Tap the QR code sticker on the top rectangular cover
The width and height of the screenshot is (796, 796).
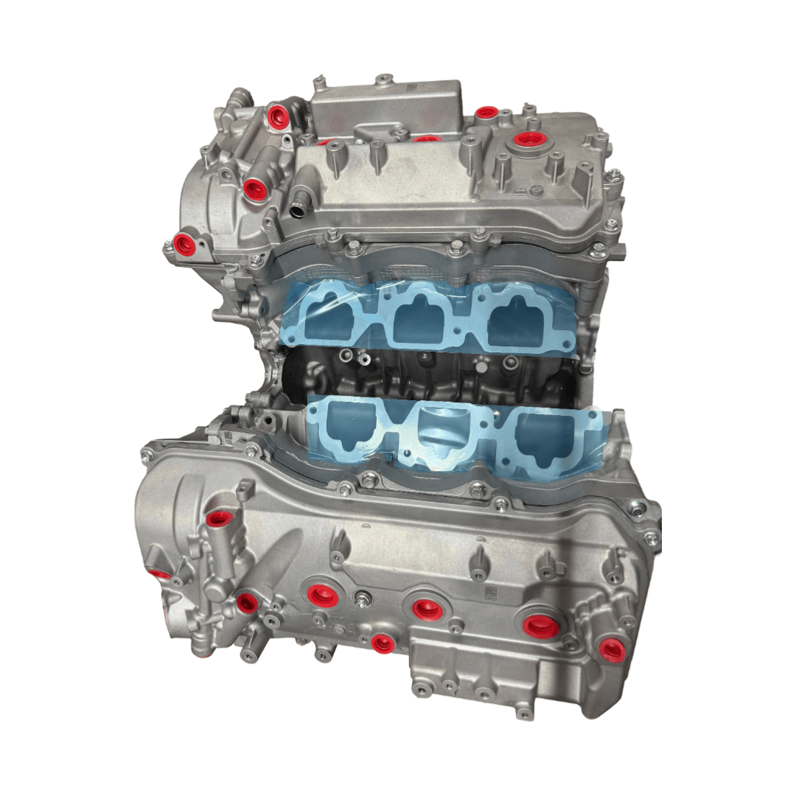click(x=411, y=86)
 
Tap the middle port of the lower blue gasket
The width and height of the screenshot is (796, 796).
click(x=441, y=435)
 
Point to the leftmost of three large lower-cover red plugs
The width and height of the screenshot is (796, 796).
click(x=322, y=596)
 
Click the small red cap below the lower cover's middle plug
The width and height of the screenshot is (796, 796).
click(x=383, y=643)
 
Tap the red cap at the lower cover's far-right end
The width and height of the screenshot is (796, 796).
click(x=611, y=649)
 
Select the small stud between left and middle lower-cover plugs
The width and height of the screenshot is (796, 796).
click(x=363, y=596)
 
